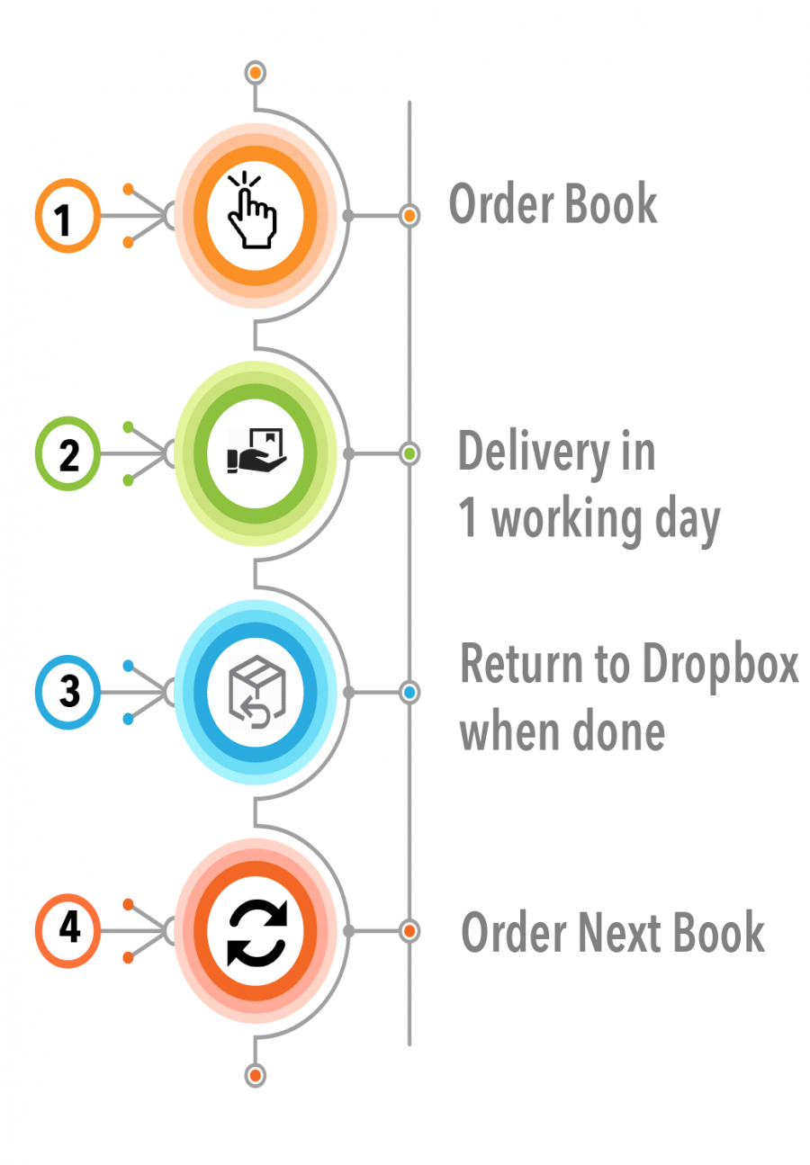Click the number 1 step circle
[67, 216]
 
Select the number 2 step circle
[67, 454]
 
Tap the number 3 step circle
[67, 693]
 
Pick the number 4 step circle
[67, 929]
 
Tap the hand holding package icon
[256, 452]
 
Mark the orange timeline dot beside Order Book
[409, 216]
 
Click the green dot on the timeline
[409, 454]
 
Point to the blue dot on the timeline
[409, 693]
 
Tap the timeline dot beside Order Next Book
[409, 930]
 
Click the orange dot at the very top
[256, 72]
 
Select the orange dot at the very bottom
[256, 1074]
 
